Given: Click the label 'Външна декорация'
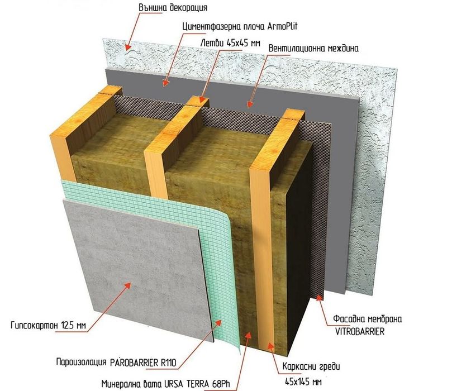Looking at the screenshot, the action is [x=173, y=7].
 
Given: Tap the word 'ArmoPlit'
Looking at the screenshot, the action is [x=282, y=26].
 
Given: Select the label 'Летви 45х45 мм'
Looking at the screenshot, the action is [x=230, y=43].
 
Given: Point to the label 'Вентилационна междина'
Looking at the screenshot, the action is [x=313, y=48].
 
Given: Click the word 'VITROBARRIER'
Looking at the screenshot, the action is [x=360, y=332].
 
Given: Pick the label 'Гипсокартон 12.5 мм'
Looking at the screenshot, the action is [x=48, y=326].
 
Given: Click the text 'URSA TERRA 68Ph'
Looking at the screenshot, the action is [x=197, y=384].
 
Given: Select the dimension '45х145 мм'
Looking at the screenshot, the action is [x=303, y=382].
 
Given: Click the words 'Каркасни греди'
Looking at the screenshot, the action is [x=311, y=367].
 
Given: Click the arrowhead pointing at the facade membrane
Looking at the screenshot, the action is [x=318, y=297].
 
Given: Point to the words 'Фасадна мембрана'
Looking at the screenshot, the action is [x=367, y=319].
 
